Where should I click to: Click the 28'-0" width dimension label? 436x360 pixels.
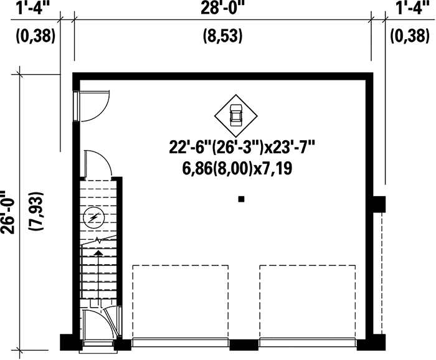click(x=222, y=9)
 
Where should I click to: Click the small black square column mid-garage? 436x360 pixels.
click(x=241, y=199)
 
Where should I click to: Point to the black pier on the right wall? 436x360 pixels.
click(x=378, y=204)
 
